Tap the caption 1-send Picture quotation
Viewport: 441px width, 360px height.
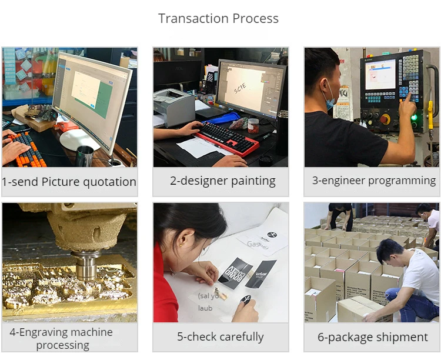click(69, 182)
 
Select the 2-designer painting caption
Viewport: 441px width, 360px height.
click(222, 181)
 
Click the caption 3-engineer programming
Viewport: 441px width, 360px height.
click(373, 181)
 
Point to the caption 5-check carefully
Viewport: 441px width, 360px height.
click(220, 336)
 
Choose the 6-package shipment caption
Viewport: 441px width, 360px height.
click(373, 337)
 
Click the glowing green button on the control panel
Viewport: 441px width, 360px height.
click(414, 117)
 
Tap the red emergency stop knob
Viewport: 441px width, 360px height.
click(385, 119)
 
